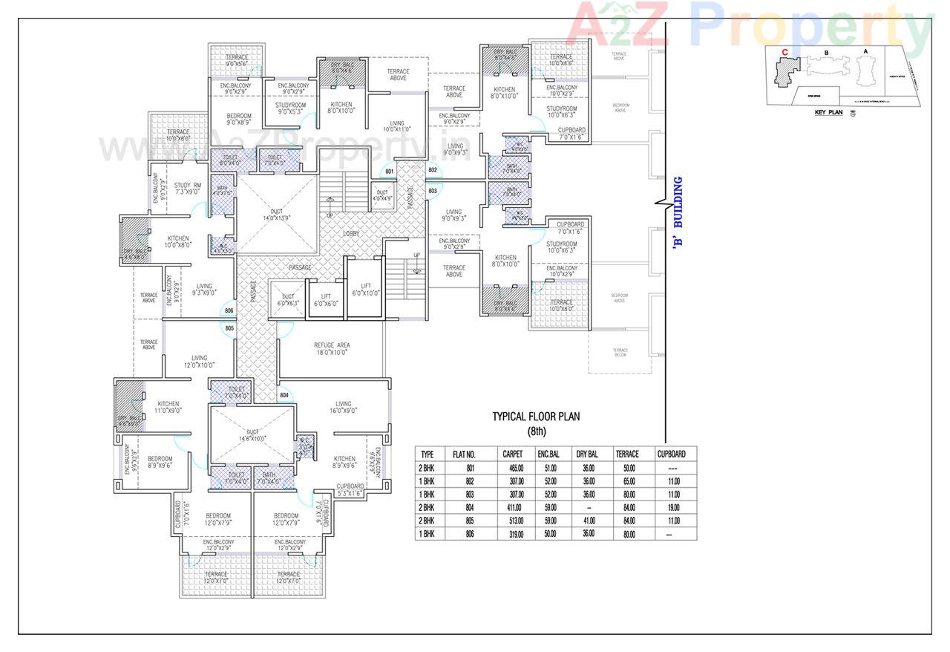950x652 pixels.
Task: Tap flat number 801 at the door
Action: coord(390,172)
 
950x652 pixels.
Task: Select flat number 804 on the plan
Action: coord(284,395)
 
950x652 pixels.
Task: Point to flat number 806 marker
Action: coord(229,311)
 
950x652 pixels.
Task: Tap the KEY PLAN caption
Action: coord(828,112)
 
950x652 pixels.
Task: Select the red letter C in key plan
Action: coord(784,52)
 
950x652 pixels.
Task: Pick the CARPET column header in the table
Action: coord(512,454)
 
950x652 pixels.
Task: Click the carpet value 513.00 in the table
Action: coord(512,521)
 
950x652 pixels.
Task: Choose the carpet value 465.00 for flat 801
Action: coord(512,468)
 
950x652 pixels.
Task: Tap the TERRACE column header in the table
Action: coord(627,454)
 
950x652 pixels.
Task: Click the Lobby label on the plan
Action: coord(351,233)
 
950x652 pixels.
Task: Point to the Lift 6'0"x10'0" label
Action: coord(365,289)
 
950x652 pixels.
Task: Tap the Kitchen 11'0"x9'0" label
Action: coord(168,408)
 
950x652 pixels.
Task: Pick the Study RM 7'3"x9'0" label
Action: coord(187,189)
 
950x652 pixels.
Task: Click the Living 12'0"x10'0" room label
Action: coord(199,361)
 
